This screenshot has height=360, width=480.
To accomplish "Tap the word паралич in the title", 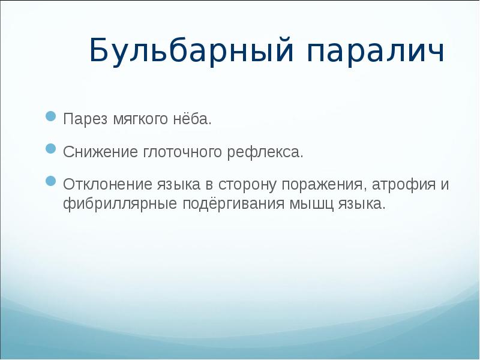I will point(377,52).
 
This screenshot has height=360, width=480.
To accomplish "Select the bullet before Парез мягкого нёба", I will point(52,115).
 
